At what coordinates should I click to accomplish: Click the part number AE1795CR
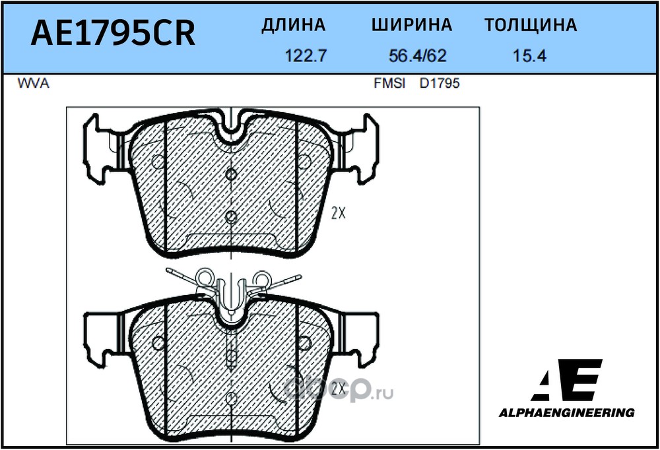coord(114,33)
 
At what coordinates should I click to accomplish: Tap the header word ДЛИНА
coord(294,25)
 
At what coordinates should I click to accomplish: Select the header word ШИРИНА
coord(412,25)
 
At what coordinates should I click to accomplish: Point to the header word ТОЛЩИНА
coord(531,25)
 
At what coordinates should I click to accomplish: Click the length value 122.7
coord(306,56)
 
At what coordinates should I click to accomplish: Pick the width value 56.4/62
coord(417,56)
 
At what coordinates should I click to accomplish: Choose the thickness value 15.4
coord(529,56)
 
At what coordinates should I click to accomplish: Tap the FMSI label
coord(389,84)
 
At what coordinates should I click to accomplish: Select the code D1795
coord(440,84)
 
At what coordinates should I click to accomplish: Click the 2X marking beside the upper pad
coord(339,214)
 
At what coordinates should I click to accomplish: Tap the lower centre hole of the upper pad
coord(230,217)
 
